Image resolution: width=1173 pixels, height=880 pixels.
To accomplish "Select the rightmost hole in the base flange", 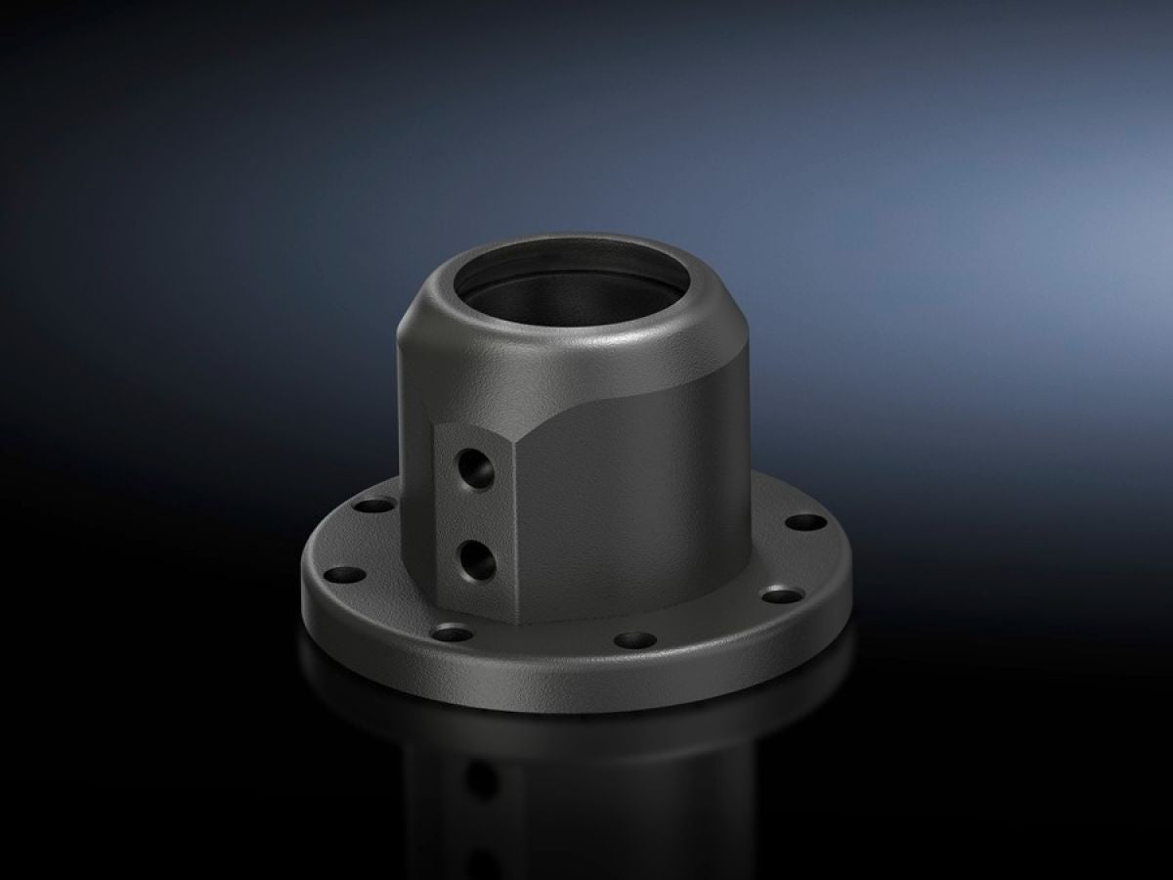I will [x=806, y=522].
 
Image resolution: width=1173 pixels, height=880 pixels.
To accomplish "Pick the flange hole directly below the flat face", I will [x=453, y=633].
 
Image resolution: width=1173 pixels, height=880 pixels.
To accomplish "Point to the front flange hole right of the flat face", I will [x=634, y=641].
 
